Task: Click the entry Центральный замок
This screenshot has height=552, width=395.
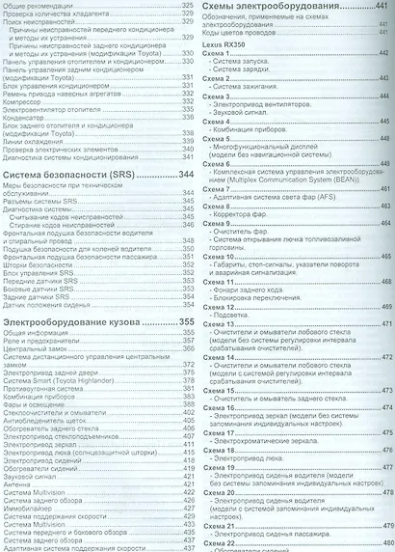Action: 36,352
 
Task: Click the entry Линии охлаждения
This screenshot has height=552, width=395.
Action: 33,141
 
